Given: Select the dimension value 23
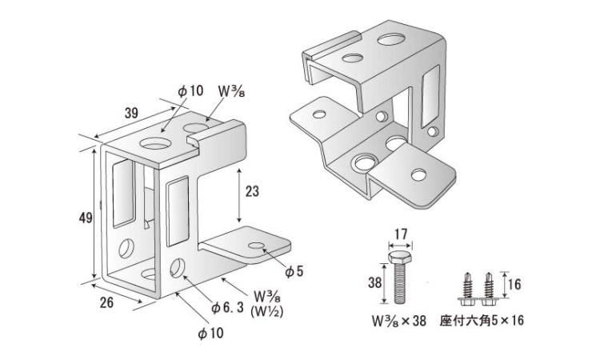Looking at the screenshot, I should click(x=252, y=193).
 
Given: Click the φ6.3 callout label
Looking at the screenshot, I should click(x=226, y=307).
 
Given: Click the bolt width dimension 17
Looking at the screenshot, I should click(x=402, y=235).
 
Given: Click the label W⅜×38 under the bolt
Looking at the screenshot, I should click(x=402, y=324).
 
